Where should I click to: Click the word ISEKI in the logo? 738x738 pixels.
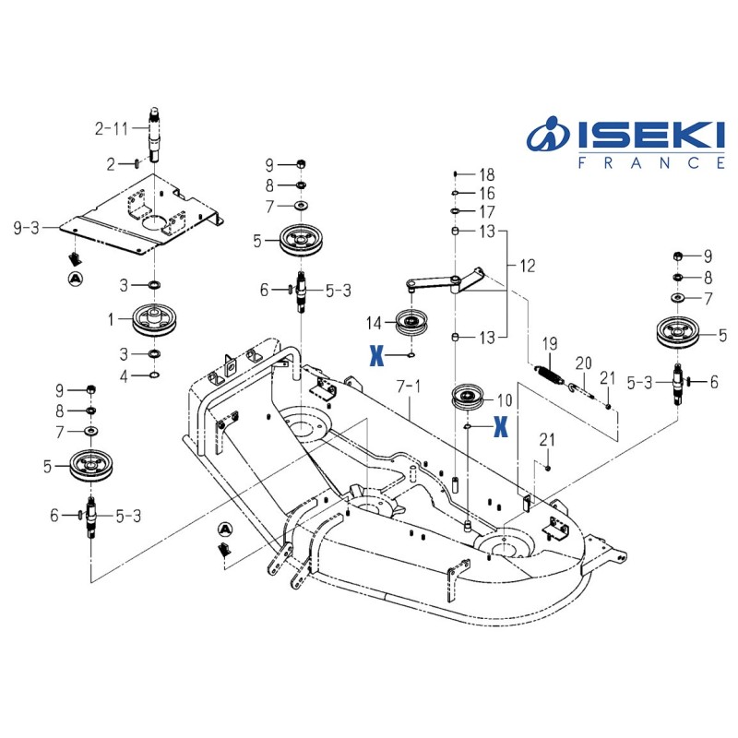[x=649, y=137]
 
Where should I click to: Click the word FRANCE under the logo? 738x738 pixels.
[x=650, y=162]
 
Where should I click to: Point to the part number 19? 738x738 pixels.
[x=550, y=344]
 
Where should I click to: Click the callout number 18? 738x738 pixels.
[x=486, y=174]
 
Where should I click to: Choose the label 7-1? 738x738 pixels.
[x=407, y=381]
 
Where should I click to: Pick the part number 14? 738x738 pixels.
[x=373, y=323]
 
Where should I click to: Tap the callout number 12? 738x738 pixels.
[x=527, y=266]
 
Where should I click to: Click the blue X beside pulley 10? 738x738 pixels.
[x=500, y=425]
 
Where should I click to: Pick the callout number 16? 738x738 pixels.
[x=486, y=193]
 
